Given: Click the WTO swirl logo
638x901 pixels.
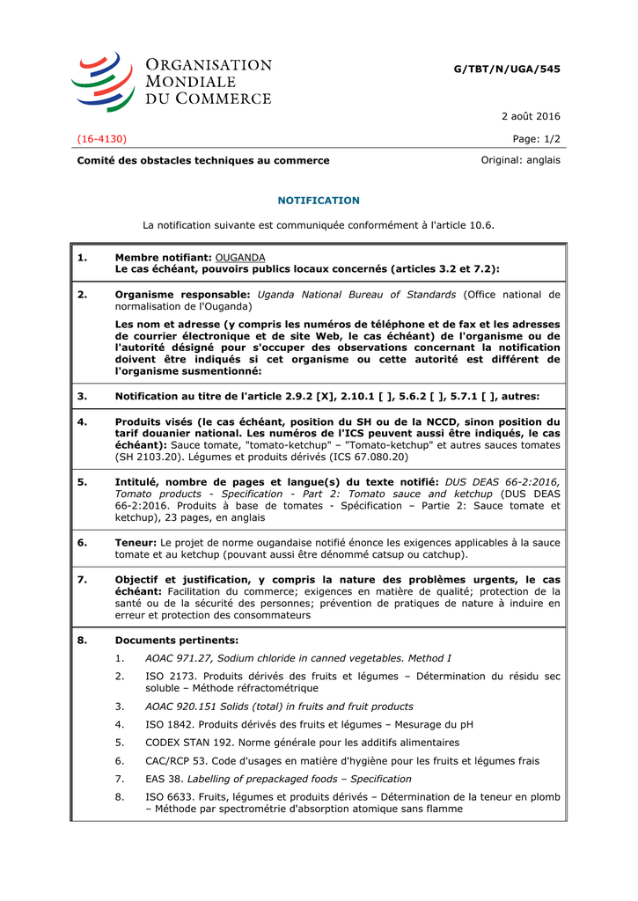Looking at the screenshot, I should [102, 81].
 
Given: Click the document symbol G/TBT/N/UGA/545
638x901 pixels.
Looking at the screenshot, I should [507, 69].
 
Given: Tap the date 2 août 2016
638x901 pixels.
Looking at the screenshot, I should [531, 116].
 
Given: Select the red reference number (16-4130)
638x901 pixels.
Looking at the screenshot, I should [102, 138].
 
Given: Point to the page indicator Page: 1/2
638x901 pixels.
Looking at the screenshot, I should [536, 138].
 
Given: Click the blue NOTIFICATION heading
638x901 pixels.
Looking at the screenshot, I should [319, 201].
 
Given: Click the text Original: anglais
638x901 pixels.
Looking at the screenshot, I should [520, 160].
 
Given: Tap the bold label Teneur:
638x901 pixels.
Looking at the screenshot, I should [136, 542].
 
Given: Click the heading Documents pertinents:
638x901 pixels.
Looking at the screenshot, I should [176, 640].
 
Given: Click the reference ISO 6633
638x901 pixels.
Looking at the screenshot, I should [168, 796].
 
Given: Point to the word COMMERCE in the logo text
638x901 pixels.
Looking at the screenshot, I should [223, 99].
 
